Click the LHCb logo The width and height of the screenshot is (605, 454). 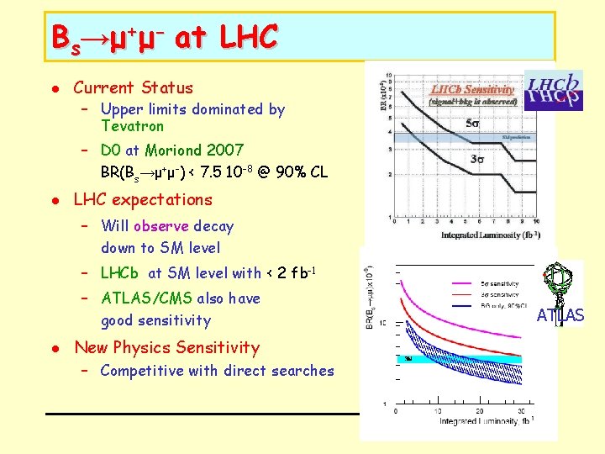[x=553, y=90]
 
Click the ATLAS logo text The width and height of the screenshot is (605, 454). [x=560, y=316]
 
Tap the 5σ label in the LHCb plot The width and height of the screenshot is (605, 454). [x=473, y=124]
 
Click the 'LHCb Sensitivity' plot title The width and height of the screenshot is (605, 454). [x=473, y=89]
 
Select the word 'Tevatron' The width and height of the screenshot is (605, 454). [x=132, y=126]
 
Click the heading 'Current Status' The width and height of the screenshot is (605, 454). [x=133, y=87]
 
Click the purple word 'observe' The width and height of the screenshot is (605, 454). [x=161, y=226]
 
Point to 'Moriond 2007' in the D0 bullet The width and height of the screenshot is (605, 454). [x=194, y=150]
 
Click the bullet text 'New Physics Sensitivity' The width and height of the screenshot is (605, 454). [x=166, y=347]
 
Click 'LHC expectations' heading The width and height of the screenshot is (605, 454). [x=143, y=199]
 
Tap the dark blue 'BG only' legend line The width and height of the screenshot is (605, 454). [x=466, y=306]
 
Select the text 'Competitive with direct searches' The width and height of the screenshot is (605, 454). [x=217, y=371]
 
